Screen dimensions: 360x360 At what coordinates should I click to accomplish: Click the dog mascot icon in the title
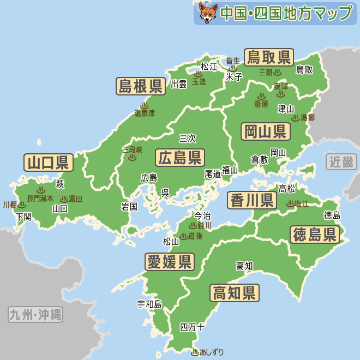click(x=208, y=13)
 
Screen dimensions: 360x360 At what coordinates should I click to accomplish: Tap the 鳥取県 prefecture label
click(x=268, y=57)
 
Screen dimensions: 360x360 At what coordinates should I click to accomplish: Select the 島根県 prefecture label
click(x=141, y=86)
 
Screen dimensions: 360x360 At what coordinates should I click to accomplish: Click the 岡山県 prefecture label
click(x=266, y=131)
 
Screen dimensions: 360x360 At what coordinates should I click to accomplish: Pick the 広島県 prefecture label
click(x=179, y=158)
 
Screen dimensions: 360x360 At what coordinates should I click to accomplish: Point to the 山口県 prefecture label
click(x=48, y=162)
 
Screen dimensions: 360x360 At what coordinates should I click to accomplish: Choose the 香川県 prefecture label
click(x=251, y=200)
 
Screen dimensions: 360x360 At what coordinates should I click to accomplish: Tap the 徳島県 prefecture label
click(x=314, y=235)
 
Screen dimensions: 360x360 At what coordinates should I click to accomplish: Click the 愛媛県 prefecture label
click(x=170, y=262)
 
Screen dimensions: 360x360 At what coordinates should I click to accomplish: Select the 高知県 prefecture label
click(x=235, y=293)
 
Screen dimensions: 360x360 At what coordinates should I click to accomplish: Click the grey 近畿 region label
click(x=341, y=161)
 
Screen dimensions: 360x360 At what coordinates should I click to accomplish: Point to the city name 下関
click(x=24, y=216)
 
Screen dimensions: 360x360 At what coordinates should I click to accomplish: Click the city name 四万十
click(x=192, y=327)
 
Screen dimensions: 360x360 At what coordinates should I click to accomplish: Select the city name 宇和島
click(x=149, y=304)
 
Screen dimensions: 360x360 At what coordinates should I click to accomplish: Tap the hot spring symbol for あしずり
click(x=195, y=352)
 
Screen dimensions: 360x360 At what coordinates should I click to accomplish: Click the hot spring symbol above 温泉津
click(x=144, y=105)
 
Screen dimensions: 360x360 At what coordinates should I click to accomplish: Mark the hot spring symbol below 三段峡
click(x=132, y=158)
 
